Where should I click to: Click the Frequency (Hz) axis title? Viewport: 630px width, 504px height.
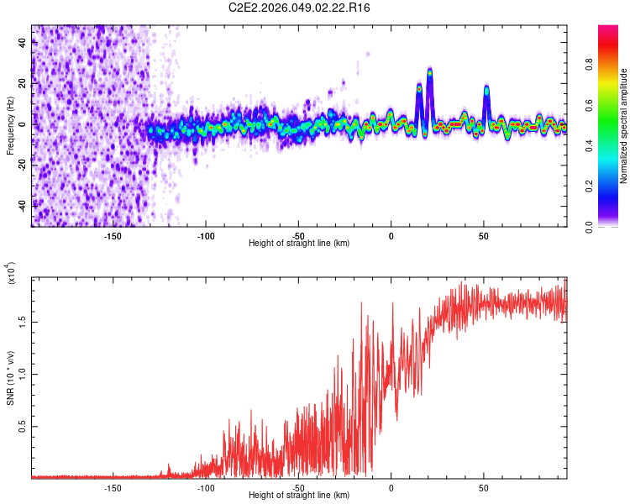pyautogui.click(x=10, y=125)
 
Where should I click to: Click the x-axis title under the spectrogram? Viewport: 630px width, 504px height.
pyautogui.click(x=299, y=243)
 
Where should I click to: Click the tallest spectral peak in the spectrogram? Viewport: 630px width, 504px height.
pyautogui.click(x=429, y=72)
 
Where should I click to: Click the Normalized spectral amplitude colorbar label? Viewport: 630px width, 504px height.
pyautogui.click(x=624, y=126)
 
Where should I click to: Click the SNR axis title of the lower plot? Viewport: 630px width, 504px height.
pyautogui.click(x=10, y=378)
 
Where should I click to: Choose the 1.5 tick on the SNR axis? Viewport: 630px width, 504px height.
pyautogui.click(x=23, y=320)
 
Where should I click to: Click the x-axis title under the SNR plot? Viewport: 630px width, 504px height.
pyautogui.click(x=299, y=496)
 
